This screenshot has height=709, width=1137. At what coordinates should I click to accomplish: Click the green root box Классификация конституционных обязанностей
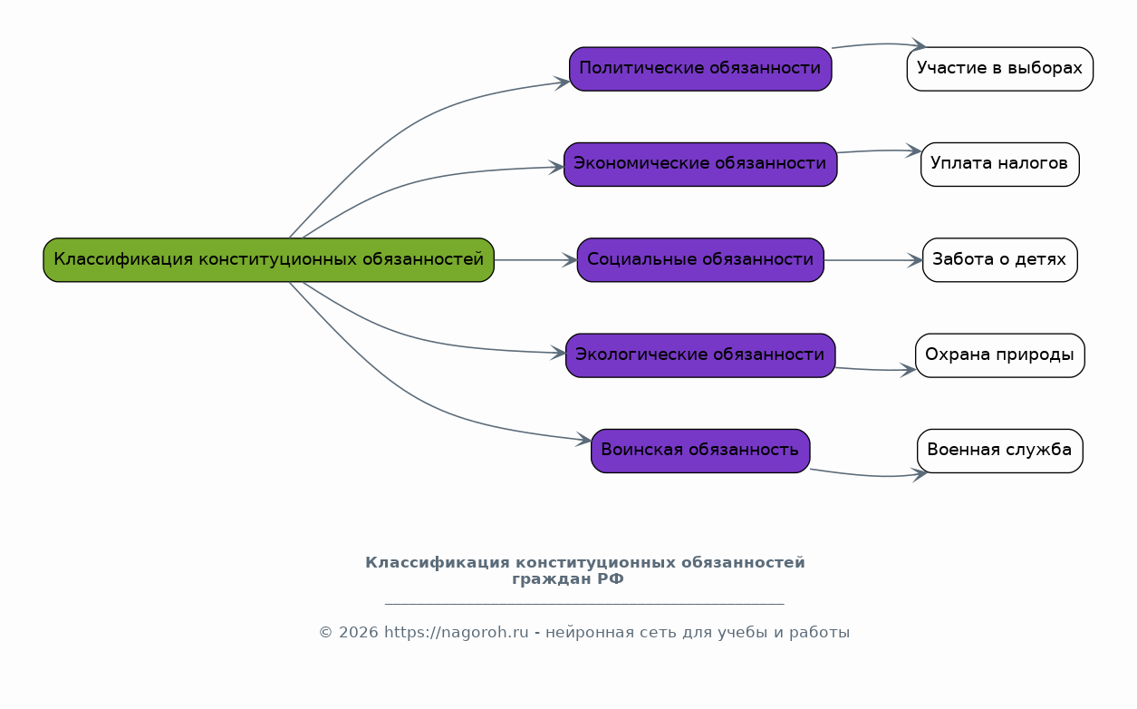pyautogui.click(x=268, y=260)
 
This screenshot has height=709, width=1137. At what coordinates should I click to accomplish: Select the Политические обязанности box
pyautogui.click(x=700, y=69)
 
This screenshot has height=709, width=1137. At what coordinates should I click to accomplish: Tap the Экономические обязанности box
pyautogui.click(x=700, y=164)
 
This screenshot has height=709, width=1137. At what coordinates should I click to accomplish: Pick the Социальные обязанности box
pyautogui.click(x=700, y=260)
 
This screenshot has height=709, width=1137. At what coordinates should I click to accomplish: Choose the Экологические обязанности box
pyautogui.click(x=700, y=355)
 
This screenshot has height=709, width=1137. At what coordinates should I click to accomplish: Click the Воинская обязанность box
pyautogui.click(x=700, y=451)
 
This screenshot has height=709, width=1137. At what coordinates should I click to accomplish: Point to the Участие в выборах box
pyautogui.click(x=999, y=69)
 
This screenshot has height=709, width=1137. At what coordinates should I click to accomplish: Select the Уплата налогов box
pyautogui.click(x=999, y=164)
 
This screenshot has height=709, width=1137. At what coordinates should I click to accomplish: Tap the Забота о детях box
pyautogui.click(x=999, y=260)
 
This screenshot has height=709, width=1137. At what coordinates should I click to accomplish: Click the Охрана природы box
pyautogui.click(x=999, y=355)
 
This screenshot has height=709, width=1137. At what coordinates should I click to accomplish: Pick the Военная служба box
pyautogui.click(x=999, y=451)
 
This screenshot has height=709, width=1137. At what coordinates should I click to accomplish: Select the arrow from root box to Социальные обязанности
pyautogui.click(x=535, y=260)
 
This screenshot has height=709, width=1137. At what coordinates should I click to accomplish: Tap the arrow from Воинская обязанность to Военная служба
pyautogui.click(x=865, y=476)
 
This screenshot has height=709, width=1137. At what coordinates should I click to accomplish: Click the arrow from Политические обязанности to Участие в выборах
pyautogui.click(x=874, y=44)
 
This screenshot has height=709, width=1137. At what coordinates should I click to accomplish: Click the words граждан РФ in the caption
pyautogui.click(x=568, y=579)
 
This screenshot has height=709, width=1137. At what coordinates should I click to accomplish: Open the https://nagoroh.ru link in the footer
pyautogui.click(x=456, y=633)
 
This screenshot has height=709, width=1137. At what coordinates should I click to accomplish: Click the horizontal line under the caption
pyautogui.click(x=584, y=604)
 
